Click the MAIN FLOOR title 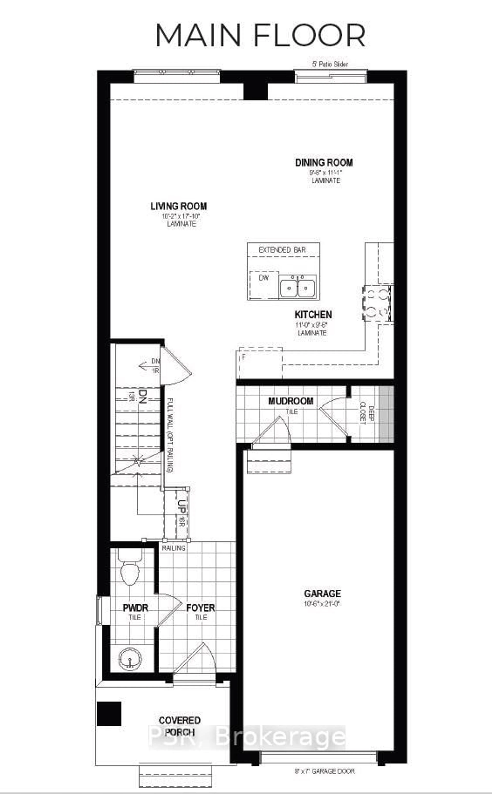click(x=260, y=36)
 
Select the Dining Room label click(x=324, y=163)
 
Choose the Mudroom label click(x=291, y=401)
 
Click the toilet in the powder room click(x=130, y=569)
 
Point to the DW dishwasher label click(x=264, y=278)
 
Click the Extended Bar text click(x=282, y=250)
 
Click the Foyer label click(x=200, y=608)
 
